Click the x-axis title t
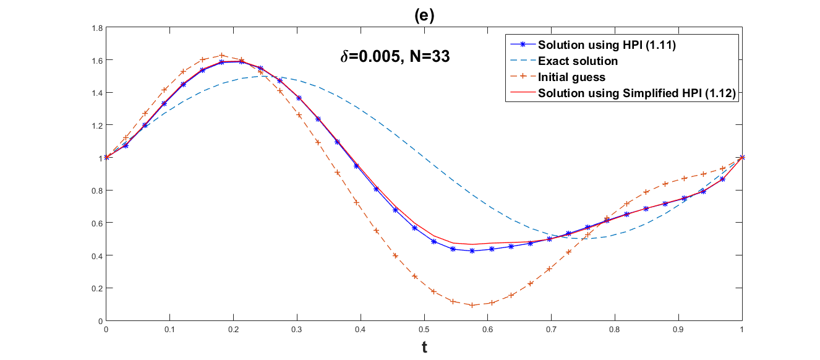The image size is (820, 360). pos(424,348)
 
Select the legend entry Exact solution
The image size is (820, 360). pos(578,61)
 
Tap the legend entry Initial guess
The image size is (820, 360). pos(571,77)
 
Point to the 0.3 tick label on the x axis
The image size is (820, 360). pos(297,329)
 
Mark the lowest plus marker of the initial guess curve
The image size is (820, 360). pos(472,305)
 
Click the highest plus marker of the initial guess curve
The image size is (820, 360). pos(222,55)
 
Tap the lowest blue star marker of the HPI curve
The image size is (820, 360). pos(472,251)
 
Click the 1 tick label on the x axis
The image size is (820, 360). pos(742,329)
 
